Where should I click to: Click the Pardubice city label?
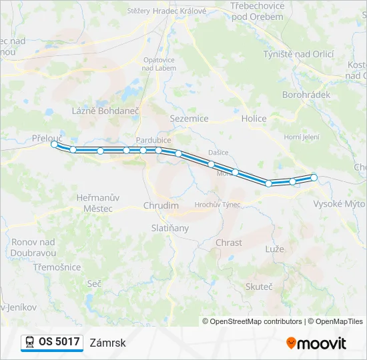(153, 140)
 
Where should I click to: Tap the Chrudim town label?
(161, 205)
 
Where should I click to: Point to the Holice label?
(254, 119)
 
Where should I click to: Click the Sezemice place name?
(190, 119)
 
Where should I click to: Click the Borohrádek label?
(306, 95)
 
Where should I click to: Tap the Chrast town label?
(229, 243)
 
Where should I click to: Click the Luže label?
(274, 249)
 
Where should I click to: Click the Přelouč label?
(47, 137)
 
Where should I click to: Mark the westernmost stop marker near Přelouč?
(55, 144)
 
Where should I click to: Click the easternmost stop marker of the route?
(314, 177)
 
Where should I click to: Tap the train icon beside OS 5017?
(30, 342)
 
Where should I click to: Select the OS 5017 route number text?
(59, 342)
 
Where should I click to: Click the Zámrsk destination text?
(107, 343)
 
